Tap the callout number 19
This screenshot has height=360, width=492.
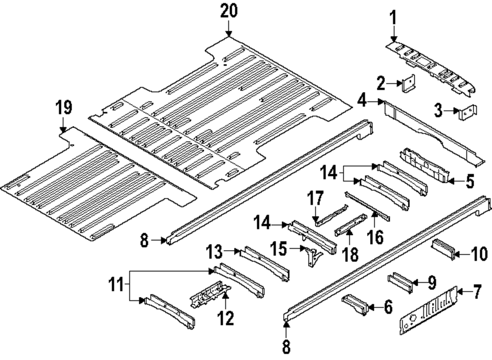(63, 107)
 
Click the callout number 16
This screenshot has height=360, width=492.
(375, 237)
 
